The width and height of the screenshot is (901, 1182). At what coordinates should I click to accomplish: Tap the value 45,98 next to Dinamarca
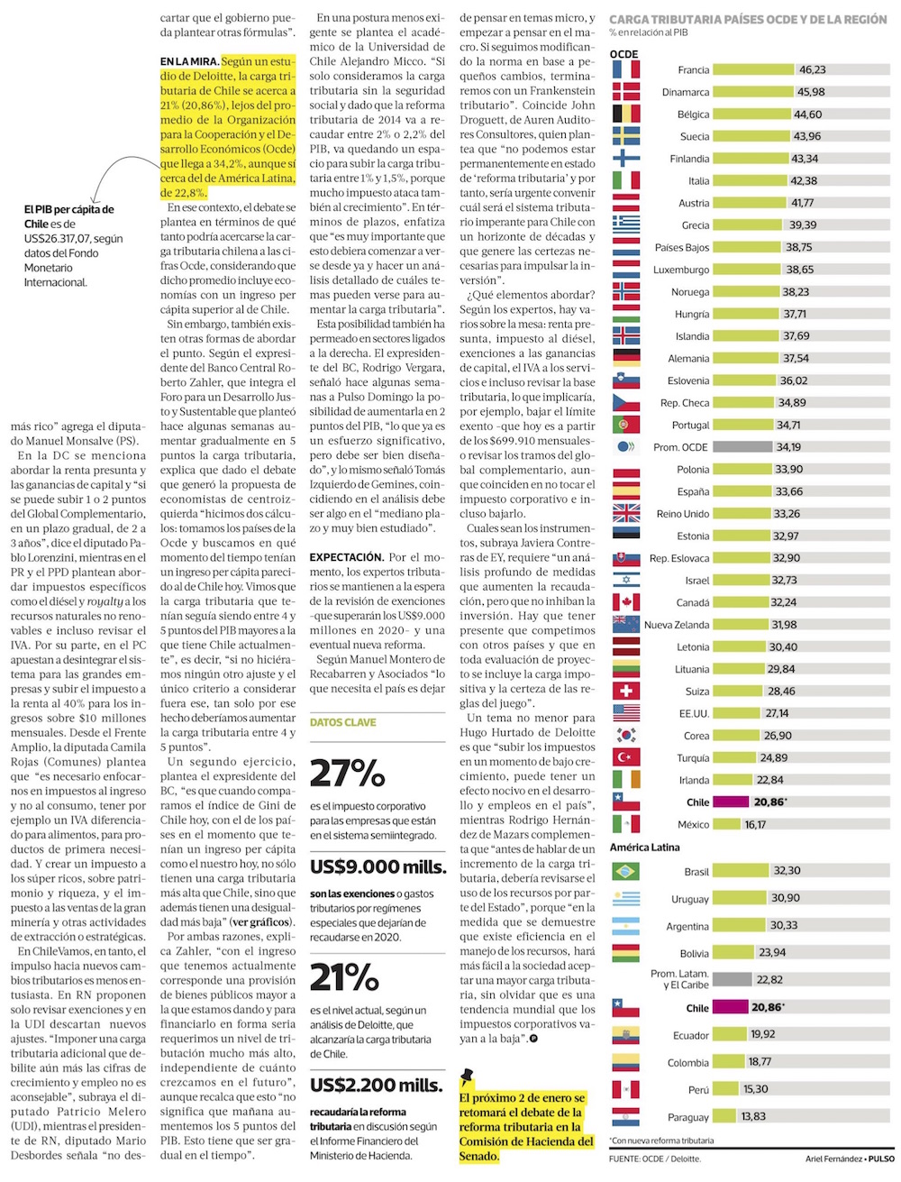pos(811,92)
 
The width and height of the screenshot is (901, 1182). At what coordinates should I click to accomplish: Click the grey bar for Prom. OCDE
pos(743,447)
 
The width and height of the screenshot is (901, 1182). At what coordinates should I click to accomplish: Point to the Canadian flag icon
pos(626,602)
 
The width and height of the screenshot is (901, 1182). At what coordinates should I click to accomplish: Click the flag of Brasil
pos(626,872)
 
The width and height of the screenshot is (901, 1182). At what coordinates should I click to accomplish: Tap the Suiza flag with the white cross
pos(626,692)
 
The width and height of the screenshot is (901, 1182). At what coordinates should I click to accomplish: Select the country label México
pos(693,825)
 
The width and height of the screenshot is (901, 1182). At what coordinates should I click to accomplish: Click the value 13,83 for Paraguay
pos(753,1117)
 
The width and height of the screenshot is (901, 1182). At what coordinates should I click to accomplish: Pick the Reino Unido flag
pos(626,514)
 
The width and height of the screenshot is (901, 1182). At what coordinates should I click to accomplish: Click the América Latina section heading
pos(645,848)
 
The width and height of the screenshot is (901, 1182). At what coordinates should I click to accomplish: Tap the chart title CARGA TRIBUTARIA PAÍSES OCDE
pos(748,19)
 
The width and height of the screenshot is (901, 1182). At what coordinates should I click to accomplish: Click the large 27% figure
pos(348,773)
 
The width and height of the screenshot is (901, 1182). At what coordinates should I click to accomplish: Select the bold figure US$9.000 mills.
pos(378,866)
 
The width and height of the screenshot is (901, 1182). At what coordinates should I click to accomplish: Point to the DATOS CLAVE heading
pos(343,722)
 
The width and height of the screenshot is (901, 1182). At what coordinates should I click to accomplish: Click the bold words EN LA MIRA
pos(189,62)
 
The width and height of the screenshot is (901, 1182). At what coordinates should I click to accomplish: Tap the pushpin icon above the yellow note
pos(467,1076)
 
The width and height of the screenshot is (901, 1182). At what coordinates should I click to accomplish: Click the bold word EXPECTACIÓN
pos(347,558)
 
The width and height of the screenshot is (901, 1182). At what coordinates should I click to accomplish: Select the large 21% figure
pos(344,977)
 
